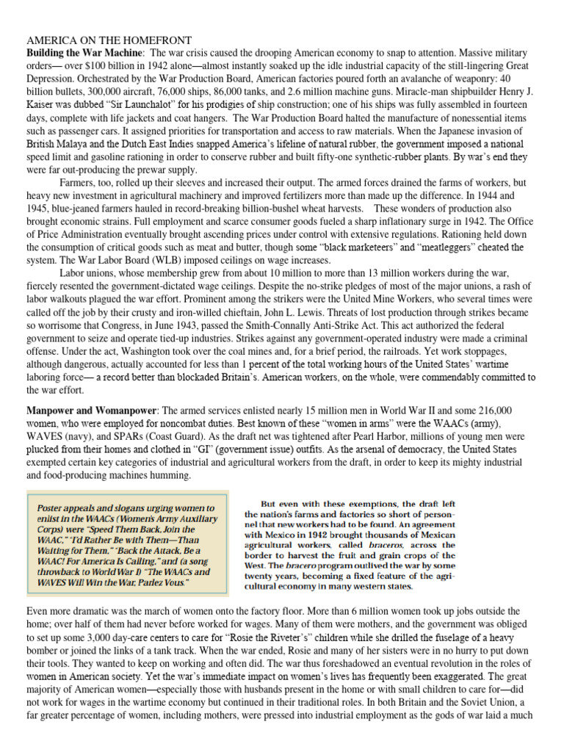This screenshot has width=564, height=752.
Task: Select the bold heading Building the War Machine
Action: tap(84, 54)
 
